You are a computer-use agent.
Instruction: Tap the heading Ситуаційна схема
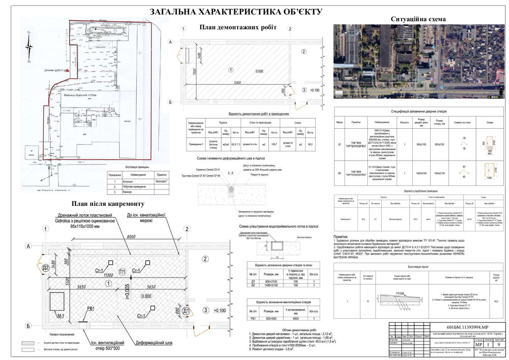[x=418, y=19]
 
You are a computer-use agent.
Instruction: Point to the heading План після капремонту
[x=107, y=204]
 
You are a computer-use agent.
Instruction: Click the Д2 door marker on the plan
[x=45, y=268]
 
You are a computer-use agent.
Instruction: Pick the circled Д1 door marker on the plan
[x=186, y=311]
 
